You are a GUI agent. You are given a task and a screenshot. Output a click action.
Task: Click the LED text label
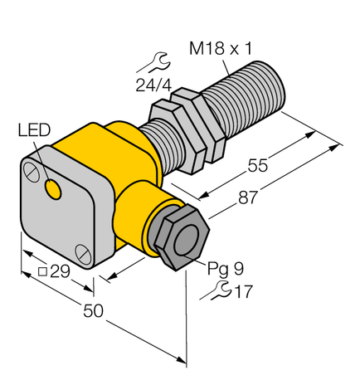pyautogui.click(x=33, y=130)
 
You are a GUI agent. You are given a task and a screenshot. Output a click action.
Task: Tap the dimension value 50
pyautogui.click(x=92, y=311)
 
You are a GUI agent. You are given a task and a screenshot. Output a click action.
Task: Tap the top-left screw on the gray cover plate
pyautogui.click(x=32, y=171)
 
